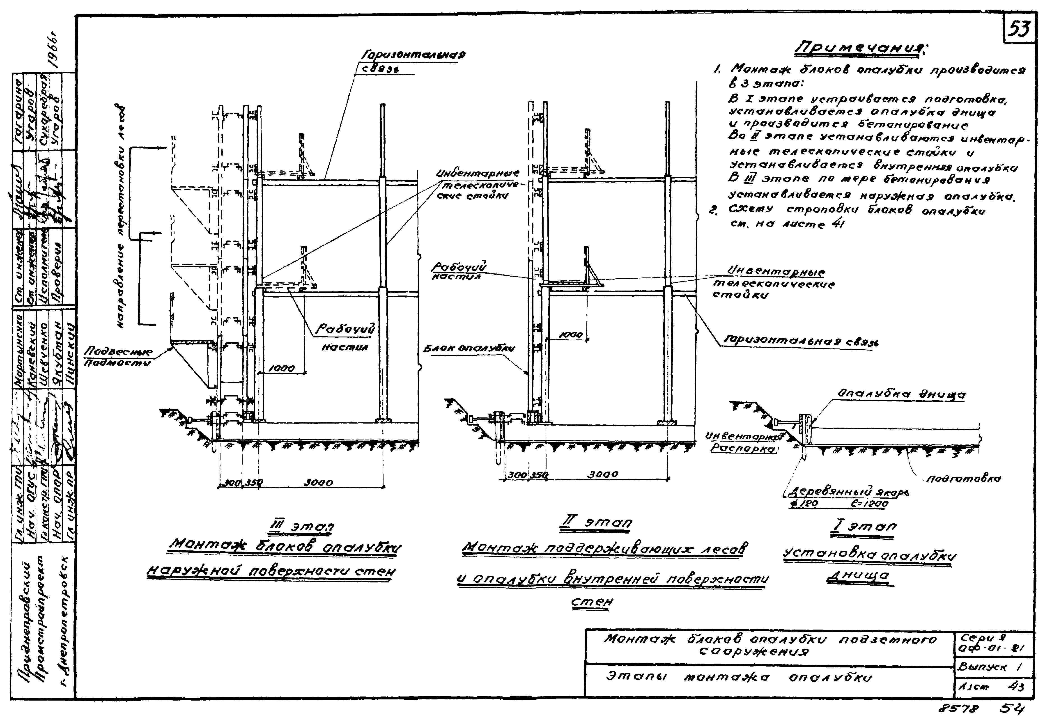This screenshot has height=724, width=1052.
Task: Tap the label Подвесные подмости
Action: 119,357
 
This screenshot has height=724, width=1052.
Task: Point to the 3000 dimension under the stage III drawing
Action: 318,483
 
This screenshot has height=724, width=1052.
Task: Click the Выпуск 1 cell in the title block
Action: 990,667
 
